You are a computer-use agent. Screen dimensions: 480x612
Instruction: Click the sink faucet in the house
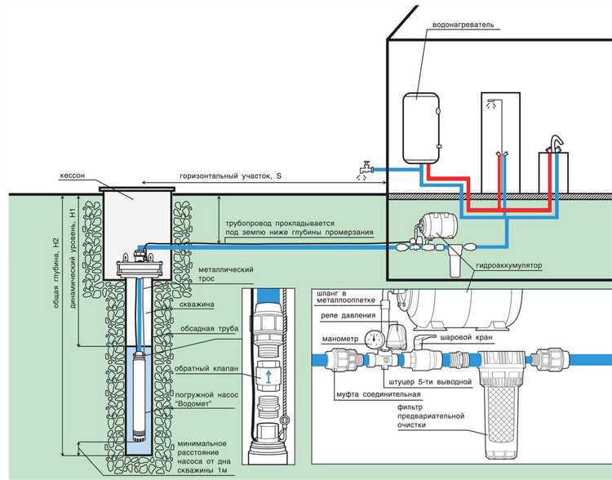(x=557, y=144)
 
